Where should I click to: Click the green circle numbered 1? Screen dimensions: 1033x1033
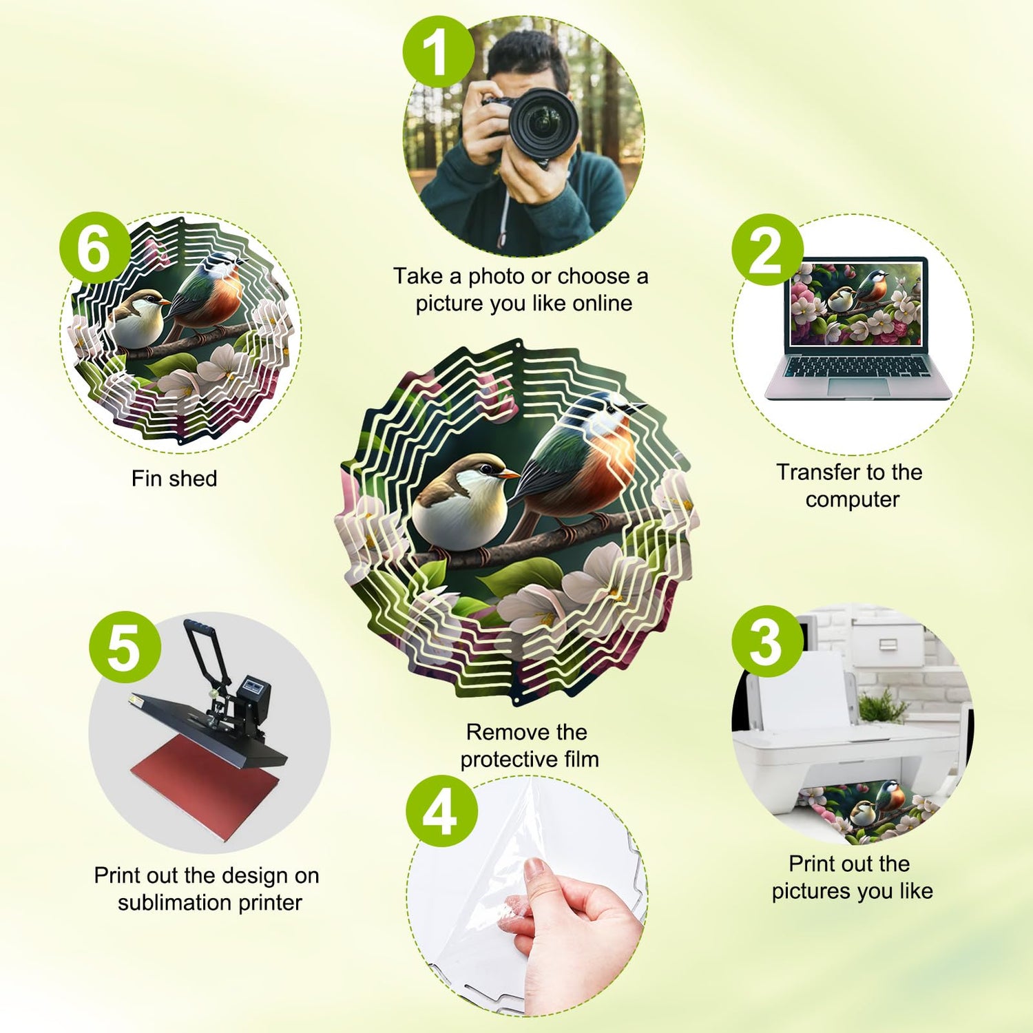pos(439,52)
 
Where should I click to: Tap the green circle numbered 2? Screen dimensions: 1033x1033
pos(767,249)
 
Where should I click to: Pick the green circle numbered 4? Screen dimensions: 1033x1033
pos(441,811)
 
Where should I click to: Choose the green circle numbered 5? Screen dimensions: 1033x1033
pos(125,647)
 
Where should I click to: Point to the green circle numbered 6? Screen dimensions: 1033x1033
pos(95,248)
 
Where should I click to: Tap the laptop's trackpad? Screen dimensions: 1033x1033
pos(857,386)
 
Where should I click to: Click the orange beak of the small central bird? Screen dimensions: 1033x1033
pos(508,474)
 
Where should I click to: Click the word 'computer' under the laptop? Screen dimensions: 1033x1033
pos(853,499)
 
